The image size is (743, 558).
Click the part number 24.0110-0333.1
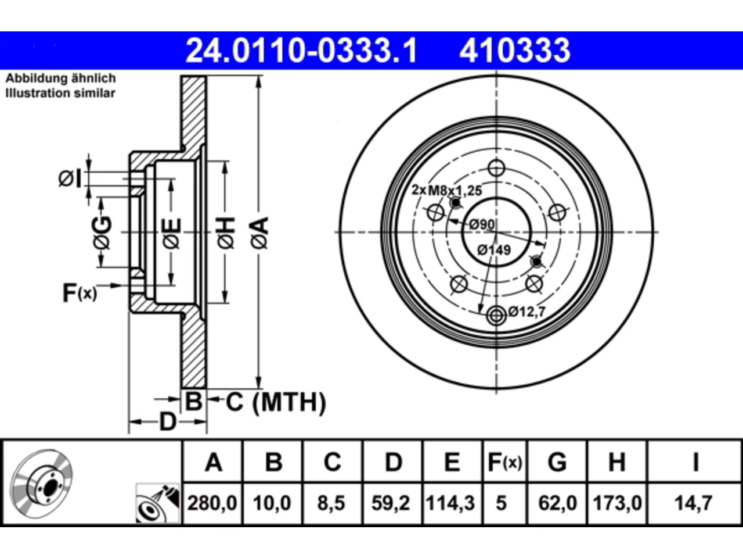tap(301, 51)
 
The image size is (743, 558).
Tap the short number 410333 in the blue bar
tap(514, 51)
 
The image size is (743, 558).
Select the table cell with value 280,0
tap(212, 503)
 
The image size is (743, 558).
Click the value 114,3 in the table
tap(450, 503)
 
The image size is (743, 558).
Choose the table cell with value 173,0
tap(617, 503)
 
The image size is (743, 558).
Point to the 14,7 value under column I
tap(693, 503)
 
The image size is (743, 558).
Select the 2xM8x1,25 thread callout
tap(446, 190)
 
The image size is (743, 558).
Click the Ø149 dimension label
tap(494, 250)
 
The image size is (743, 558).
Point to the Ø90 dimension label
tap(482, 224)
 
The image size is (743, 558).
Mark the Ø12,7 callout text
tap(527, 312)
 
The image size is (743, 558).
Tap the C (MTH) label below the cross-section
tap(276, 402)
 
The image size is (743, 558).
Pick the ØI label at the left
tap(70, 178)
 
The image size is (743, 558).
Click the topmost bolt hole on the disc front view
tap(496, 168)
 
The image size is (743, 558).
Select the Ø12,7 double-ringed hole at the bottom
tap(496, 316)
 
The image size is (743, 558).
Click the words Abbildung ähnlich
tap(61, 78)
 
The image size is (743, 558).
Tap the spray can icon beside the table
tap(158, 503)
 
